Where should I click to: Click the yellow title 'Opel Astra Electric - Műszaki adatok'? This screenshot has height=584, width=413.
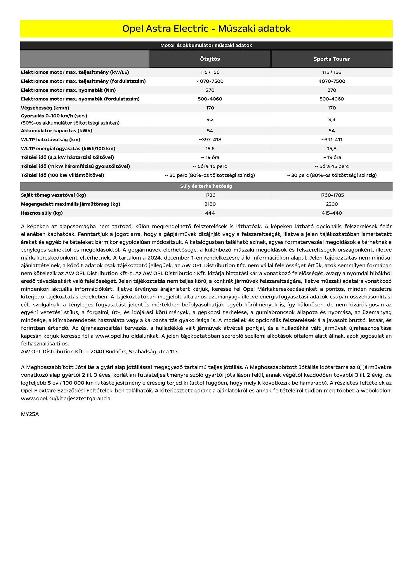coord(206,29)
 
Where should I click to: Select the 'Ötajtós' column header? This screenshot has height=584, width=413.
coord(210,59)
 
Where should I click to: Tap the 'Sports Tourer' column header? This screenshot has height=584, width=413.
coord(332,59)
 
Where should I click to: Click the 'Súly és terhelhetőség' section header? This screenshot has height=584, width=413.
coord(206,186)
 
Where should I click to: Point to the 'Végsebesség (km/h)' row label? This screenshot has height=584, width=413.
coord(45,108)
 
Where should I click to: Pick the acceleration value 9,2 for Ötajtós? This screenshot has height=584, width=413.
coord(210,119)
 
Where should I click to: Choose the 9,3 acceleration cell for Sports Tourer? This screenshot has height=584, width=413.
coord(332,119)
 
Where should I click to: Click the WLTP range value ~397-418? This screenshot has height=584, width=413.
coord(210,140)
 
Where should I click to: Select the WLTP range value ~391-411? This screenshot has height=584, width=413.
coord(332,140)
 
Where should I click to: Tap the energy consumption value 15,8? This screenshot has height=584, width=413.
coord(332,149)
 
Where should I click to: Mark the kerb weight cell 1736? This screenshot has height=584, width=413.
coord(210,195)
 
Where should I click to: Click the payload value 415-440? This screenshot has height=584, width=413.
coord(332,213)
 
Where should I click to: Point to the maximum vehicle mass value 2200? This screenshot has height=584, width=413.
coord(332,204)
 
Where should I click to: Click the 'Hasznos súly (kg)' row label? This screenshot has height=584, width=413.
coord(42,213)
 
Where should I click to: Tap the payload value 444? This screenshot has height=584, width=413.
coord(210,213)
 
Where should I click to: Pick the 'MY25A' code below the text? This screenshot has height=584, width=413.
coord(29,414)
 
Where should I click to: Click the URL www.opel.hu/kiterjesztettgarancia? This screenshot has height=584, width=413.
coord(65,399)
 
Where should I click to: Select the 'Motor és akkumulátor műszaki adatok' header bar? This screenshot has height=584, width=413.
coord(206,46)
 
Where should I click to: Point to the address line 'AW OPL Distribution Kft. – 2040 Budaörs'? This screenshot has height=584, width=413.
coord(100,352)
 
